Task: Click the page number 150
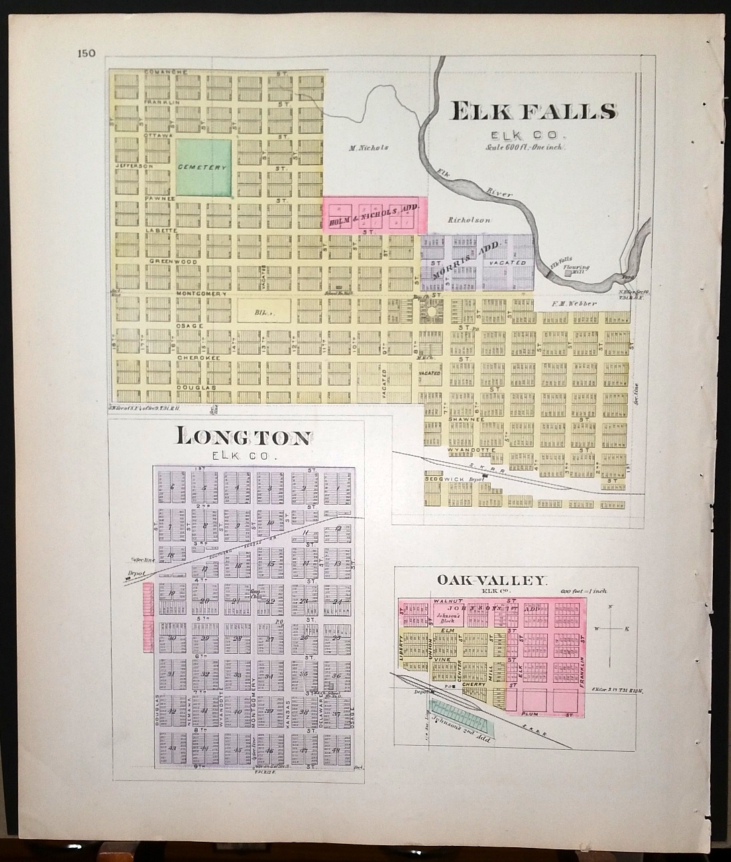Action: coord(87,54)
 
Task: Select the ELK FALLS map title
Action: coord(534,111)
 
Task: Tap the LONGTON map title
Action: coord(243,438)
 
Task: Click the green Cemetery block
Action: coord(203,167)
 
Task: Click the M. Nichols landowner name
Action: coord(370,148)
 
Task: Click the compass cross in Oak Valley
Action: coord(611,629)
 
